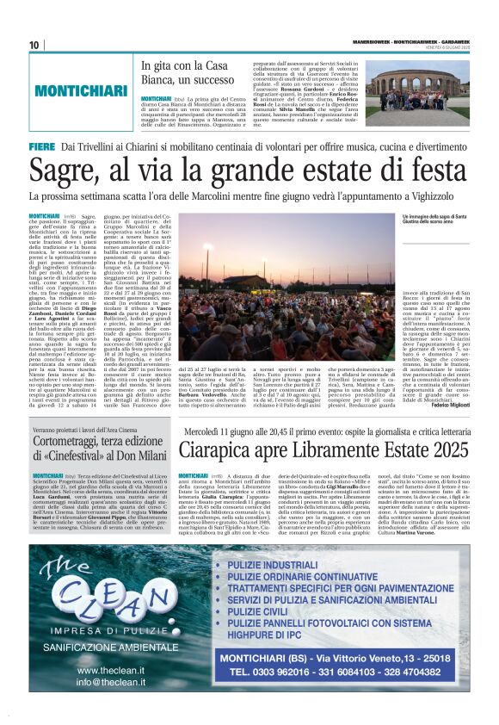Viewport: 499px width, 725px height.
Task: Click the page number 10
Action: [x=34, y=45]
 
